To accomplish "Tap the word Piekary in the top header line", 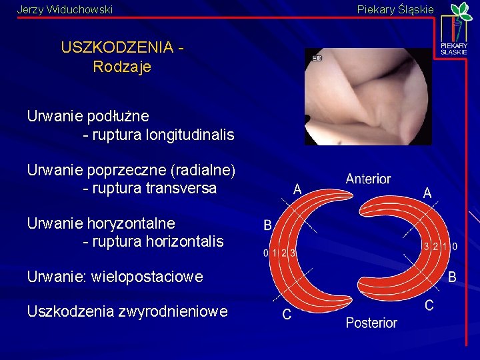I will pos(375,10).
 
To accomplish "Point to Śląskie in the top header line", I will pos(415,10).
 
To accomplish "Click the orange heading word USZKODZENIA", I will pos(117,48).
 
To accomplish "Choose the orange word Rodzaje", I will pos(123,67).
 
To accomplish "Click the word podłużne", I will pos(118,117).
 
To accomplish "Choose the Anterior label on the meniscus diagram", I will pos(368,179).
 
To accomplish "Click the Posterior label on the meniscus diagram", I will pos(371,323).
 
